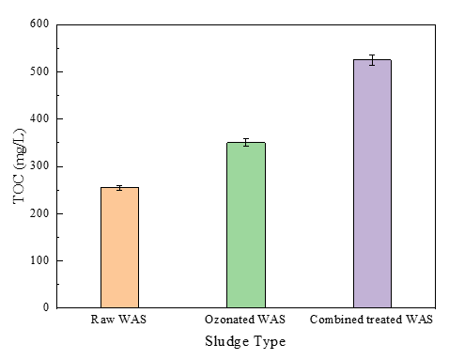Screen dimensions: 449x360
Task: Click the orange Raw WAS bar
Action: (x=119, y=247)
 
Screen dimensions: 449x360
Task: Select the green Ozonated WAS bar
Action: (x=246, y=225)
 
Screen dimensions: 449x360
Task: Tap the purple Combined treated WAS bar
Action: (x=372, y=183)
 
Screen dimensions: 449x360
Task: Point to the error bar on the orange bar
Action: (x=119, y=188)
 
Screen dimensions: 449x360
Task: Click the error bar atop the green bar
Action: (x=246, y=143)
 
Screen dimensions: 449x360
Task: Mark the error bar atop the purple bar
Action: (x=372, y=60)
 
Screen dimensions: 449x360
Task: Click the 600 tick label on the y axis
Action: (x=39, y=23)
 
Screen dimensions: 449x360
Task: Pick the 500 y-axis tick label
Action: (x=39, y=71)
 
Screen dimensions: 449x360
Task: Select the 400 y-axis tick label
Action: (x=39, y=118)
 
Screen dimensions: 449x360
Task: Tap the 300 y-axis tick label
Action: (x=39, y=166)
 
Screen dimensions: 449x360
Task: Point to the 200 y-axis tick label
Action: (x=39, y=213)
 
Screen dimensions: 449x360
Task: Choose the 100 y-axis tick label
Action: (x=39, y=260)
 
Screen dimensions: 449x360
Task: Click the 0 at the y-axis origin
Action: (x=46, y=307)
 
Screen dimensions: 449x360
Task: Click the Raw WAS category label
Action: (x=118, y=320)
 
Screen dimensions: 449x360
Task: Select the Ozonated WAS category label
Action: (x=245, y=320)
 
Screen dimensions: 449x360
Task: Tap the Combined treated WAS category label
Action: (x=371, y=320)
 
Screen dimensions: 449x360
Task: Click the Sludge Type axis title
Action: (x=245, y=341)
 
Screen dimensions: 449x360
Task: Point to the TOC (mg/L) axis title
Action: (x=19, y=166)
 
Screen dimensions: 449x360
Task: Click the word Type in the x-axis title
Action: (x=270, y=342)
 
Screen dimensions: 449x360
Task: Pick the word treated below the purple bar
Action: (x=384, y=320)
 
